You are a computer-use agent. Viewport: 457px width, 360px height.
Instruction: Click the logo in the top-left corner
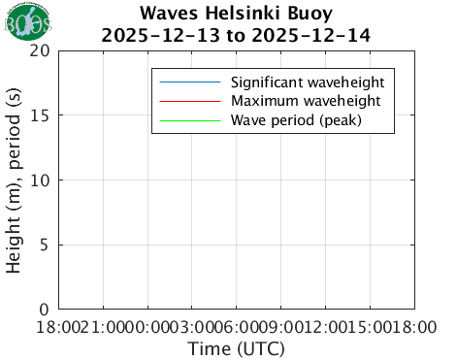24,25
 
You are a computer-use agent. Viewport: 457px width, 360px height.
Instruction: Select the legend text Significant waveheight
308,81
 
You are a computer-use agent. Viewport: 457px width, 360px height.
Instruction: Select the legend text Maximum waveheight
304,101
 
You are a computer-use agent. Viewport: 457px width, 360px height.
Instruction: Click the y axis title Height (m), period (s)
16,180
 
